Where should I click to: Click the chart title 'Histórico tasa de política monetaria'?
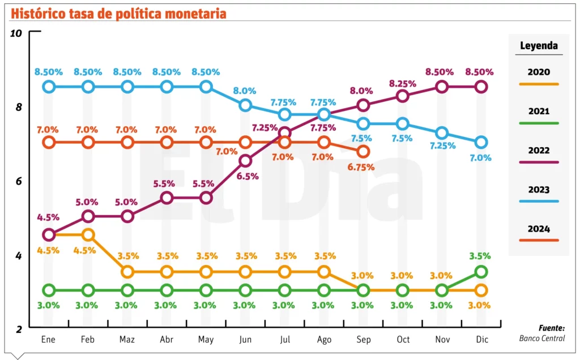(x=118, y=12)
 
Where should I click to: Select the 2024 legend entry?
(x=539, y=230)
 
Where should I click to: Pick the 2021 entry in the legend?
(x=539, y=112)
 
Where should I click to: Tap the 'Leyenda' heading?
(x=539, y=46)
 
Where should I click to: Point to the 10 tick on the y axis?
(x=16, y=33)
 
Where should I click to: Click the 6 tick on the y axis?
(x=18, y=181)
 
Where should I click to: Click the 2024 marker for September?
(x=363, y=151)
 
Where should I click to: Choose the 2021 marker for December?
(x=481, y=272)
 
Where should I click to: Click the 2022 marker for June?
(x=245, y=161)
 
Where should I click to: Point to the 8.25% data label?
(x=402, y=83)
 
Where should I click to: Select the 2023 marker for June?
(x=245, y=105)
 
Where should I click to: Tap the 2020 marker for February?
(x=88, y=234)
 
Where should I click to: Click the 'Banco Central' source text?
(x=542, y=338)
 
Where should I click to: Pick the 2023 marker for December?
(x=481, y=142)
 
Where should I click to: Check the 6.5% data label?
(x=248, y=176)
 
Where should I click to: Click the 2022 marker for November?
(x=442, y=87)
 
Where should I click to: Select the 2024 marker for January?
(x=49, y=142)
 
